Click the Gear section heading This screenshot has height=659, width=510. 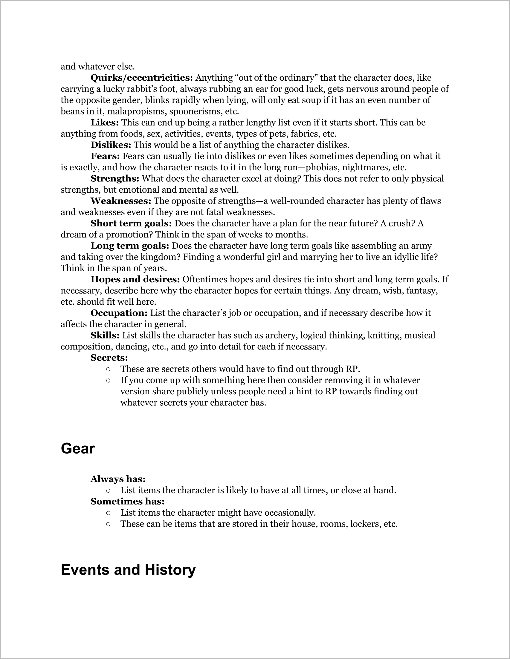click(x=78, y=449)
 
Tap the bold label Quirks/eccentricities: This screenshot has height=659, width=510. click(x=142, y=78)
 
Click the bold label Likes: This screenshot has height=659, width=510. click(x=105, y=122)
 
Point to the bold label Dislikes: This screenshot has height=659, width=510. click(x=111, y=145)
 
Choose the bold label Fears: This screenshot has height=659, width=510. click(x=105, y=156)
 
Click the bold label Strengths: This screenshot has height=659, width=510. click(x=115, y=179)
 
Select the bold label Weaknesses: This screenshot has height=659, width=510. click(x=121, y=201)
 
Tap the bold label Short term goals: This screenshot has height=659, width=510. click(x=131, y=223)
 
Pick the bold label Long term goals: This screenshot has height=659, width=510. click(x=130, y=246)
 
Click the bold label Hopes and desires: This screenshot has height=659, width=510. click(x=135, y=279)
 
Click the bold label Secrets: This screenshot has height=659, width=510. click(x=109, y=358)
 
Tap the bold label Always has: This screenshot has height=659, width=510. click(x=118, y=479)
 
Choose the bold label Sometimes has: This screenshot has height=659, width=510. click(x=127, y=502)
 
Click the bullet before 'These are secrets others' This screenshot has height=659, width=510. click(x=108, y=369)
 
